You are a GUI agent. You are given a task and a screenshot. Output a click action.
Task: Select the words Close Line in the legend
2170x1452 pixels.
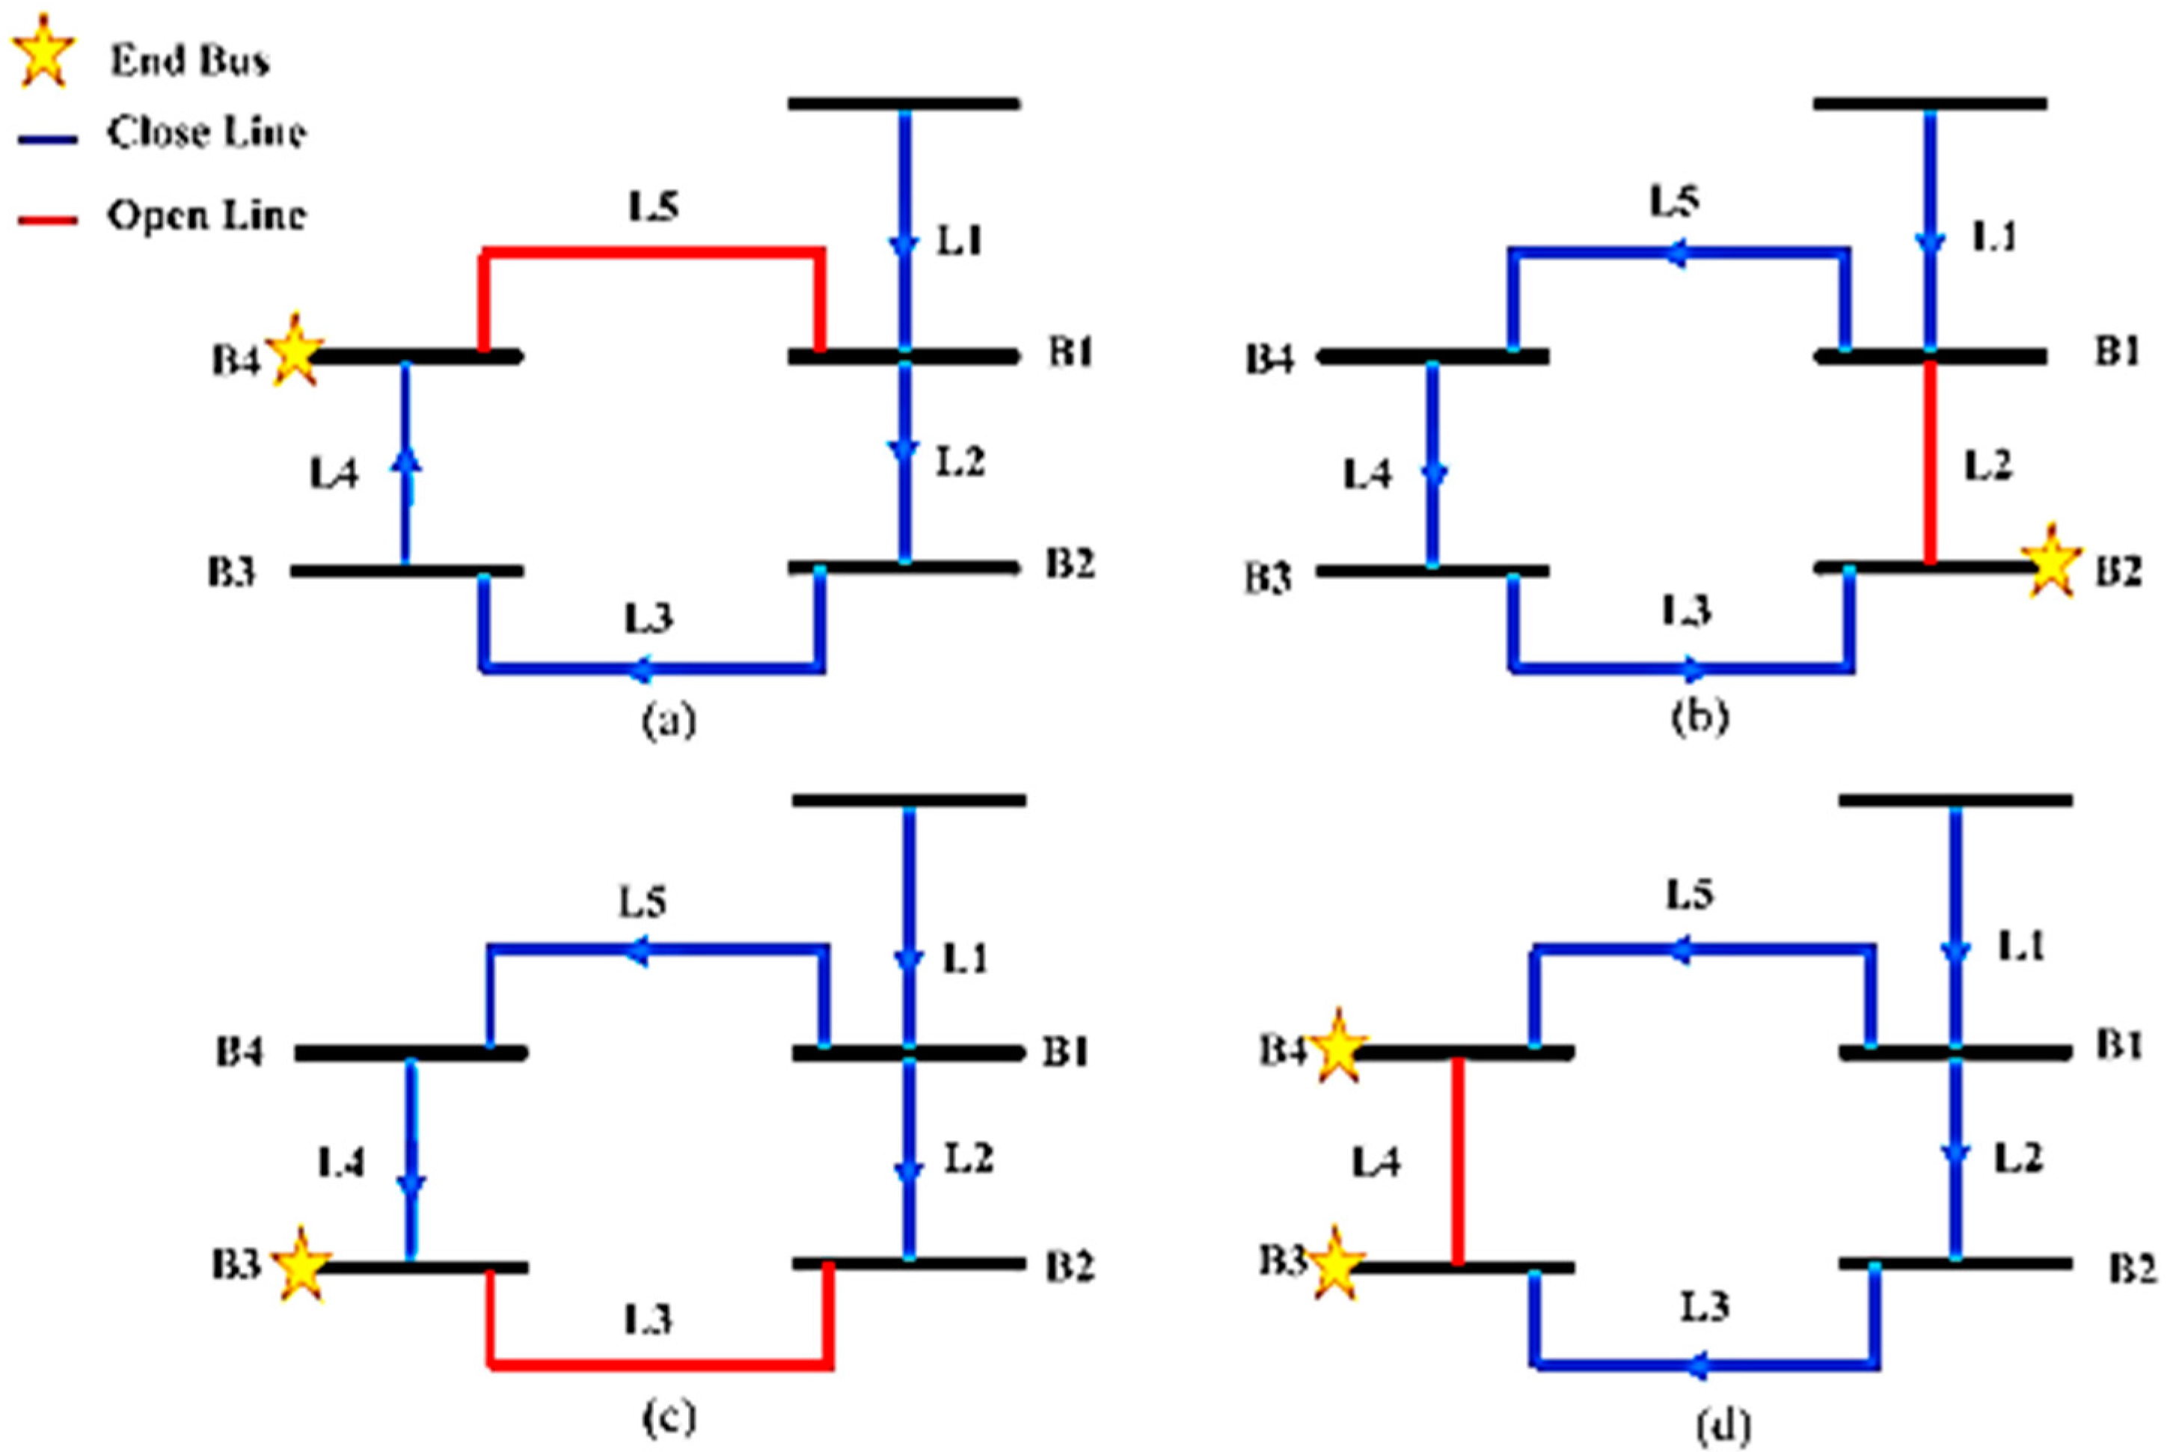click(x=206, y=132)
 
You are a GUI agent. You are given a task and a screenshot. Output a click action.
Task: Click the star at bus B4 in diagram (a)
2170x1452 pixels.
click(x=295, y=351)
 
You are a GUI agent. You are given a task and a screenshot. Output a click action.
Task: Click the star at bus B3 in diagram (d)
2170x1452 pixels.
click(x=1335, y=1263)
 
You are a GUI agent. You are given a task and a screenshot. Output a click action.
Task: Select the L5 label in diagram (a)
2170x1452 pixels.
click(x=654, y=206)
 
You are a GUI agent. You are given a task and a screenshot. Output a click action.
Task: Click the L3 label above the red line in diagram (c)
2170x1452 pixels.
click(x=647, y=1319)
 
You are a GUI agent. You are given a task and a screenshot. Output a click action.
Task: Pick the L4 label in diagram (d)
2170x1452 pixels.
click(x=1376, y=1161)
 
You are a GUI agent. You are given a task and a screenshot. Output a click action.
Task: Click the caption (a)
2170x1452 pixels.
click(x=669, y=720)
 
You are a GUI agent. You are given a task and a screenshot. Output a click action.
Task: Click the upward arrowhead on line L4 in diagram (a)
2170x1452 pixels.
click(x=405, y=459)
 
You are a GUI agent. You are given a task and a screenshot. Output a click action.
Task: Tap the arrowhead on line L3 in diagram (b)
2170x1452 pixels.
click(x=1692, y=667)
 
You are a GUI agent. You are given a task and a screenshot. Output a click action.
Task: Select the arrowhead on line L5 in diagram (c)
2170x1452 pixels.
click(x=637, y=951)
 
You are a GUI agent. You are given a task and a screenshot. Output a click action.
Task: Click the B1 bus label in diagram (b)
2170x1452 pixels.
click(x=2117, y=353)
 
